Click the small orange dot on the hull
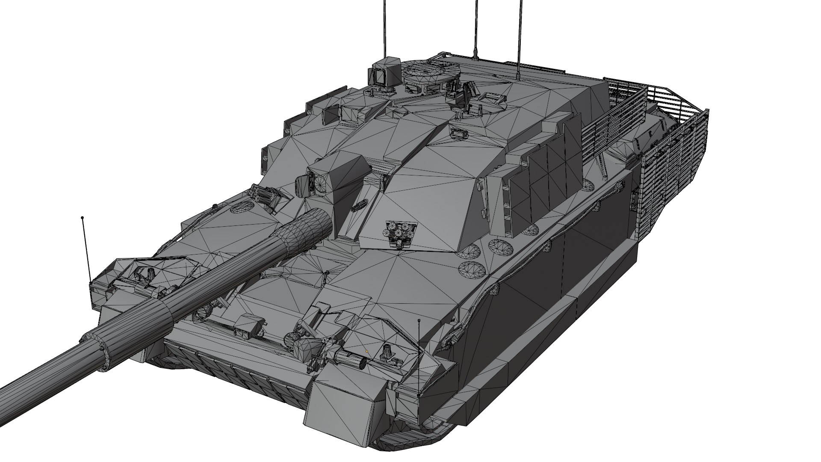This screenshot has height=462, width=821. click(367, 351)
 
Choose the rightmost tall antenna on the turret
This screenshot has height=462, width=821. click(520, 34)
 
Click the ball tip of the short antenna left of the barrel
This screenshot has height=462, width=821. click(83, 218)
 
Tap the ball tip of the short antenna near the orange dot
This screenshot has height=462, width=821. click(419, 320)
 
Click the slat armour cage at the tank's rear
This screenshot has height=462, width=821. click(667, 141)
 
